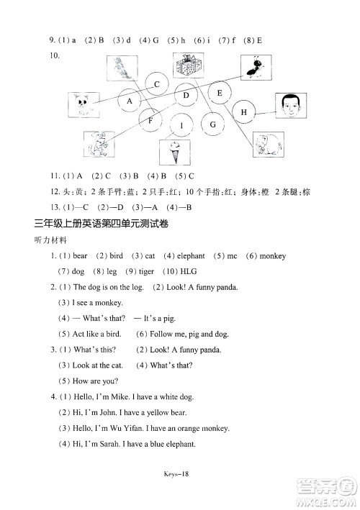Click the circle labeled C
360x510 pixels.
(156, 85)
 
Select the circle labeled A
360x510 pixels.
(130, 101)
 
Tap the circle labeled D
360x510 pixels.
(186, 96)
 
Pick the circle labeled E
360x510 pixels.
(220, 93)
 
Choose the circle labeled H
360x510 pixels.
(244, 112)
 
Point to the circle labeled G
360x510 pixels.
(212, 124)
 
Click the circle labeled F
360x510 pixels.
(150, 121)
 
